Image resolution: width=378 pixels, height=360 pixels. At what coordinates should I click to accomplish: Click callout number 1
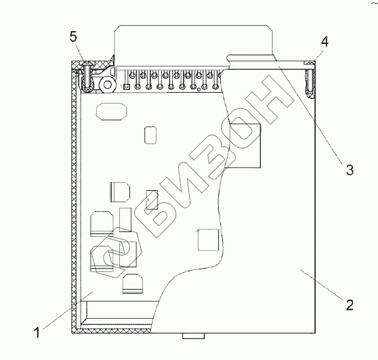tap(37, 332)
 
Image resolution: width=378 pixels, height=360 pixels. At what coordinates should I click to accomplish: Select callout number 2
tap(350, 305)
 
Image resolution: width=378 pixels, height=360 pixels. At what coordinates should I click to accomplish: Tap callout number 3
tap(350, 170)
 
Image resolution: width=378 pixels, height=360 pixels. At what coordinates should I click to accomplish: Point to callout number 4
tap(324, 42)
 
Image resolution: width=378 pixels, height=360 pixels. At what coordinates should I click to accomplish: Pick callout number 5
tap(73, 37)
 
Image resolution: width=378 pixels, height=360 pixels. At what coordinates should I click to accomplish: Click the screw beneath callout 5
tap(86, 76)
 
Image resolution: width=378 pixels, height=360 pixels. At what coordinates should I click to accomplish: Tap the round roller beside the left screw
tap(108, 85)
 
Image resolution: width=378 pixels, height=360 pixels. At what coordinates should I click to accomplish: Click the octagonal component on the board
tap(112, 111)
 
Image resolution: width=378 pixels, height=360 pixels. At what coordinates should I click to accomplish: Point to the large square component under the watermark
tap(245, 145)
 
